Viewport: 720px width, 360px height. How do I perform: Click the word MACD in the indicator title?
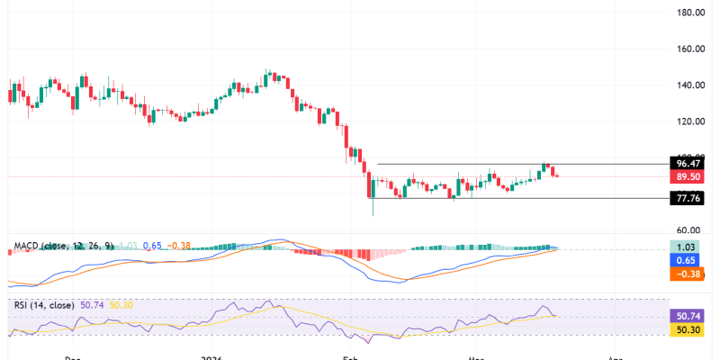coord(24,245)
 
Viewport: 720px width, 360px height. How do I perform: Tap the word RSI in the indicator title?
coord(19,305)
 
